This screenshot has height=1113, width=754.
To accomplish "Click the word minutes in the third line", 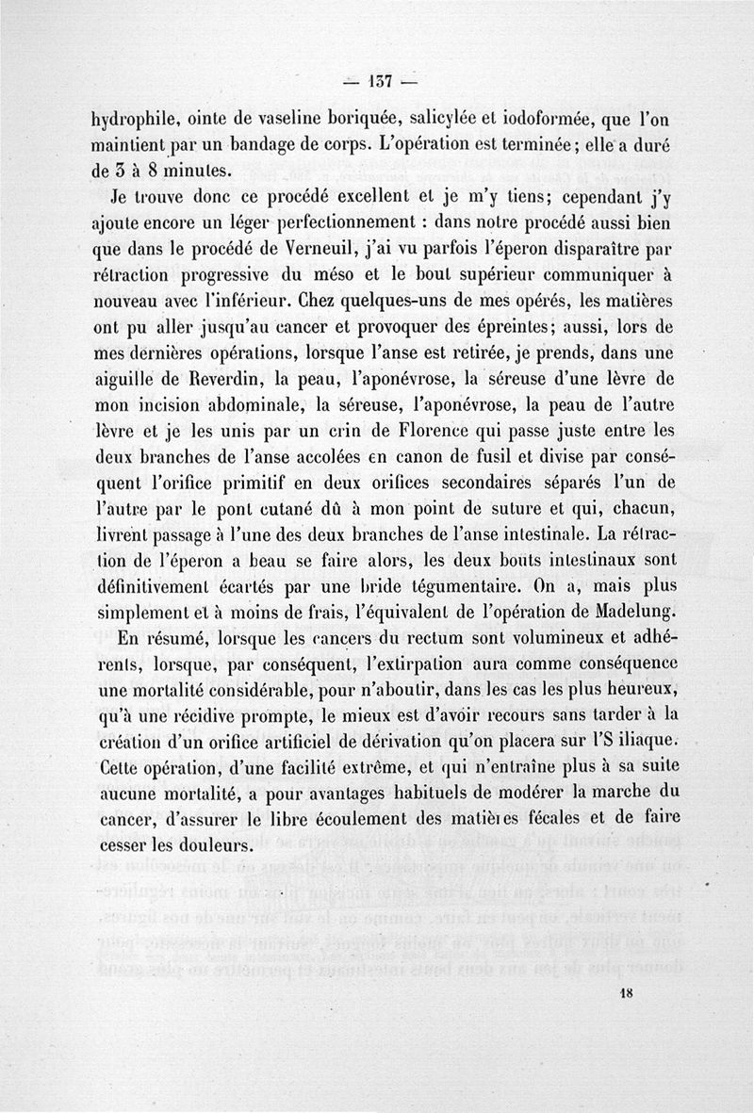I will click(x=195, y=172).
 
